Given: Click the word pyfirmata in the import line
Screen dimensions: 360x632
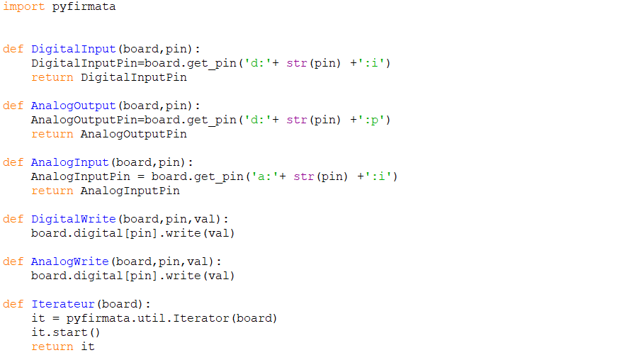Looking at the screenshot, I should click(84, 7).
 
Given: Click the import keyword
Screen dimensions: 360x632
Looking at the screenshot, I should click(23, 7).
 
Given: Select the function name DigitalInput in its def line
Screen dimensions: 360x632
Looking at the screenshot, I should click(73, 49).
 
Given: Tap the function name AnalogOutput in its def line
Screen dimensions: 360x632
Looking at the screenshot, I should click(73, 106).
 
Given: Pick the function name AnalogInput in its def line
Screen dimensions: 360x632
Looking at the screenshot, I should click(69, 162).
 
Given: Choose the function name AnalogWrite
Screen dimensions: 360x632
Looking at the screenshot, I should click(69, 261).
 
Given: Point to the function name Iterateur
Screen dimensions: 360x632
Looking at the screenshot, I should click(62, 304).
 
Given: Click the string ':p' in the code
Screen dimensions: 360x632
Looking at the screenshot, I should click(374, 120).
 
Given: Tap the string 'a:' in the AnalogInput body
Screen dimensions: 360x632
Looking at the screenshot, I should click(261, 176).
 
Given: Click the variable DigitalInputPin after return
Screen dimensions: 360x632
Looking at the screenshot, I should click(133, 77).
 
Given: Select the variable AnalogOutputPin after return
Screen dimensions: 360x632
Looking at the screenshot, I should click(133, 134).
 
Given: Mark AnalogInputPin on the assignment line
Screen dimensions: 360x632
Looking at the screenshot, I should click(80, 176).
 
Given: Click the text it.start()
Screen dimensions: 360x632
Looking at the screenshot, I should click(66, 332).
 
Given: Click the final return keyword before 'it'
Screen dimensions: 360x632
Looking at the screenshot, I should click(52, 347).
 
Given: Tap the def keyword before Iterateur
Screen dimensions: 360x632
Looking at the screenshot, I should click(13, 304).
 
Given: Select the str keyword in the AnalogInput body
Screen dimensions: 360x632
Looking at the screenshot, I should click(303, 176).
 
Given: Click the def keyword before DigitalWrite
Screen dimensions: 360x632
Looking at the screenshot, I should click(13, 219).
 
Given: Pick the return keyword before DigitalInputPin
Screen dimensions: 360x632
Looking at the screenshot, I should click(52, 77).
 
